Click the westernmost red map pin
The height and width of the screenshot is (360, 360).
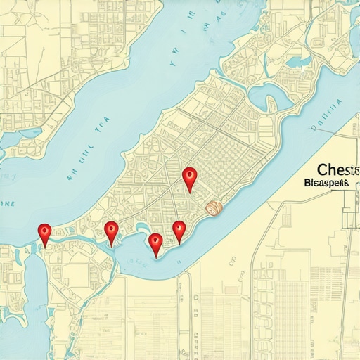[x=45, y=233]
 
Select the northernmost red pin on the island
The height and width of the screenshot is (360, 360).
[x=188, y=177]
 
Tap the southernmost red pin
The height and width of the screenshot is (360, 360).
[x=156, y=243]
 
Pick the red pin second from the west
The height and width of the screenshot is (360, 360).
[x=111, y=231]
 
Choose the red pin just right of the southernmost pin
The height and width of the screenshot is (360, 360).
[x=179, y=230]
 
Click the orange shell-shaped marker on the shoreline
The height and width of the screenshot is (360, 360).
[x=214, y=207]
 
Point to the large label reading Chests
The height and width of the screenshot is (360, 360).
[x=337, y=170]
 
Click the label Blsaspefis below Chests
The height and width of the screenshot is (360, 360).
[x=327, y=183]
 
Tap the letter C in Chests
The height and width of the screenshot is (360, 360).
[x=322, y=170]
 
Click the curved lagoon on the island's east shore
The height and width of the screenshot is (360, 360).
[x=264, y=95]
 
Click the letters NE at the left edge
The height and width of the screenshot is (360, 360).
[x=6, y=204]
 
